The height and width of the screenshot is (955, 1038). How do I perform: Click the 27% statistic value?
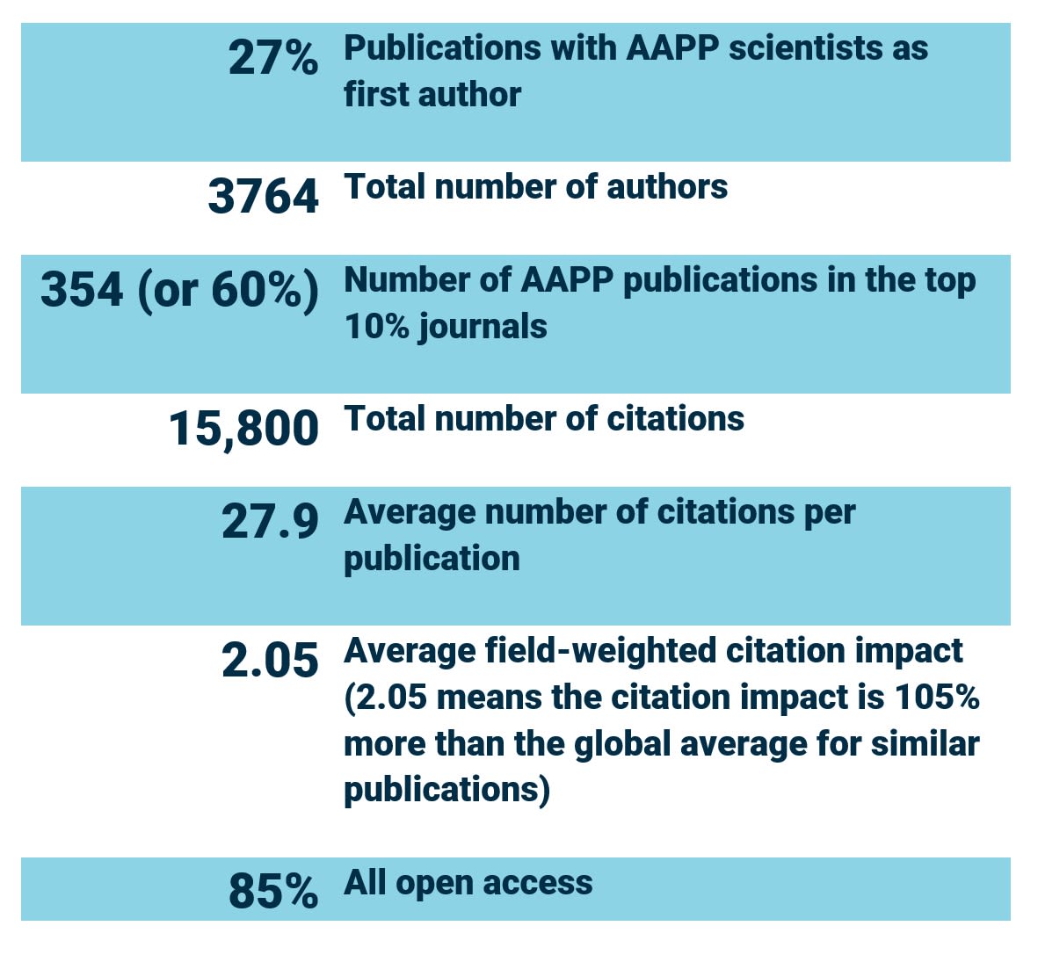click(273, 58)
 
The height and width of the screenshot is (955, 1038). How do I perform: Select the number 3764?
click(263, 196)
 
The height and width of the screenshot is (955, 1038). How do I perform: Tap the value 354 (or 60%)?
click(180, 290)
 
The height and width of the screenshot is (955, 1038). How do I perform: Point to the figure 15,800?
click(243, 429)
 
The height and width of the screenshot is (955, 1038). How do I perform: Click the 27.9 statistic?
click(270, 521)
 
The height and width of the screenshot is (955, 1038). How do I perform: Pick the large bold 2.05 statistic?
click(270, 661)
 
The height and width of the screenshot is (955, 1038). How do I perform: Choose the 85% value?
click(273, 891)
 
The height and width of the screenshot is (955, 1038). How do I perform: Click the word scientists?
click(806, 48)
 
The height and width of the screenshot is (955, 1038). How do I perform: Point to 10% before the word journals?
click(376, 327)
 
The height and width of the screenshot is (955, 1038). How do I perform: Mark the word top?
click(949, 281)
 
